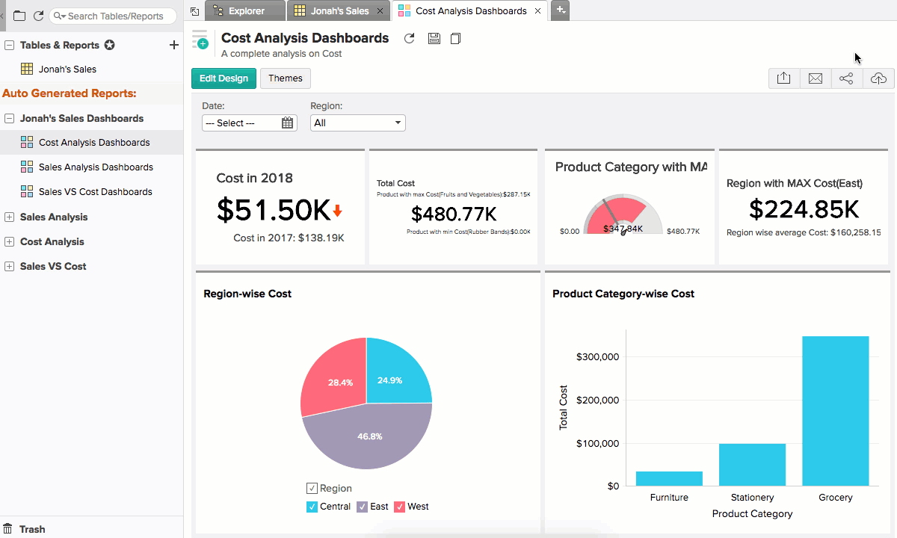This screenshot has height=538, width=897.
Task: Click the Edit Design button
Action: (x=224, y=78)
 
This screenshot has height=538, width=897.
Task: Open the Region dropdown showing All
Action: (x=357, y=123)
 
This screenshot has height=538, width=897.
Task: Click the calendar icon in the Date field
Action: (x=288, y=123)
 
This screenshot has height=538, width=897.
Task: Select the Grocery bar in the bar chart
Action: (x=835, y=411)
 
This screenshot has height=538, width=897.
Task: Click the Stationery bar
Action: (x=752, y=465)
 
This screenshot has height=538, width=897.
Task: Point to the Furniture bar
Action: (x=669, y=478)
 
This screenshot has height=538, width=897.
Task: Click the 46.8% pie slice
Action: (x=366, y=437)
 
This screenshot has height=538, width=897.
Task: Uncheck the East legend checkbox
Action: (x=363, y=507)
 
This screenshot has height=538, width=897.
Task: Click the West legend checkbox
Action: (x=400, y=507)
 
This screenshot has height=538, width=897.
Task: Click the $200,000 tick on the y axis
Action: (x=597, y=400)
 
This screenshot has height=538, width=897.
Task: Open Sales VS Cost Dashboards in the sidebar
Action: (x=95, y=191)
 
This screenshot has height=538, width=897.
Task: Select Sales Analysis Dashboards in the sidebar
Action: (x=96, y=167)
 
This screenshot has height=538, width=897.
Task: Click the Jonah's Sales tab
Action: (x=339, y=11)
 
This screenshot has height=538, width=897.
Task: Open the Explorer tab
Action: (x=246, y=11)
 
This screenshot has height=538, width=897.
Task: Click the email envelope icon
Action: (x=816, y=78)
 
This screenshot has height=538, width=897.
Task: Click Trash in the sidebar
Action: (x=32, y=529)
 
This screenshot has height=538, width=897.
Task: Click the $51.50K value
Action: (x=273, y=211)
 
